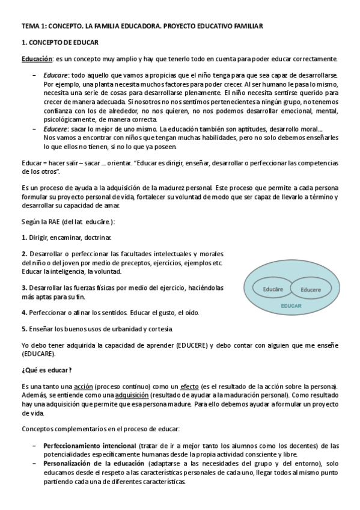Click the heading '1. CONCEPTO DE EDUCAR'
click(x=60, y=43)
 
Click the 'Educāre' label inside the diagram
click(x=273, y=289)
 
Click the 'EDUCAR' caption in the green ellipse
click(x=291, y=306)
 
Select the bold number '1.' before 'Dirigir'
click(x=24, y=238)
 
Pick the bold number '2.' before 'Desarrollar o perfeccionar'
click(x=24, y=254)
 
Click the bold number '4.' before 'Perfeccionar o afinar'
click(x=24, y=313)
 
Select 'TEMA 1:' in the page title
click(x=34, y=27)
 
